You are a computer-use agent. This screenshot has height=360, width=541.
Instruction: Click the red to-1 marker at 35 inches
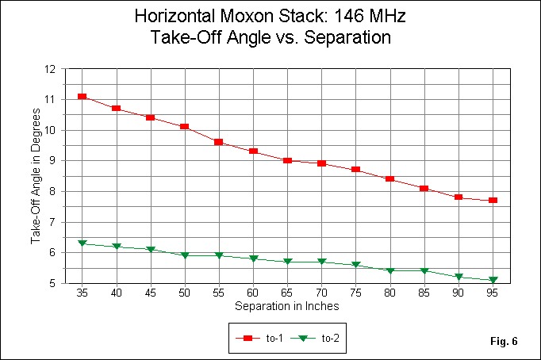82,97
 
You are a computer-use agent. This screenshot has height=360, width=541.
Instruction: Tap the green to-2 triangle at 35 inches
82,243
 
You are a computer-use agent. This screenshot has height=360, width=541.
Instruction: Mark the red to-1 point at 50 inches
185,127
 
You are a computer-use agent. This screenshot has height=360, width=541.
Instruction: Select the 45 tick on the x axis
151,293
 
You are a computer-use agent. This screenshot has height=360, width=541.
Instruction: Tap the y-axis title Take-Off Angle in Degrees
35,175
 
